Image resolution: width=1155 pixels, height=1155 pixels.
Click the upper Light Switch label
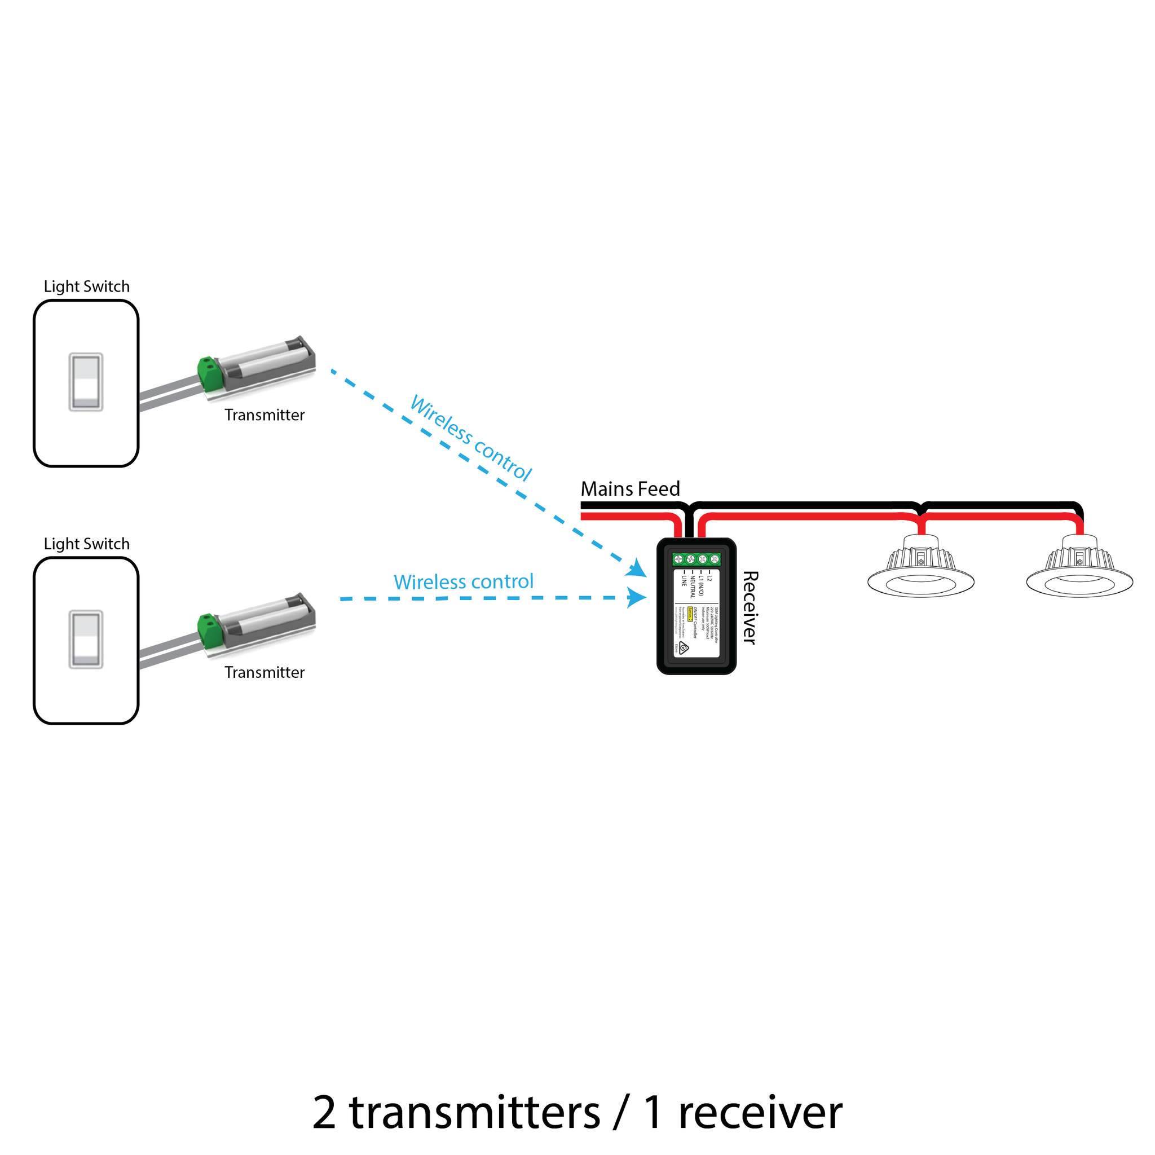coord(87,286)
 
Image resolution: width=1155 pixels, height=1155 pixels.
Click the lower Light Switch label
coord(87,544)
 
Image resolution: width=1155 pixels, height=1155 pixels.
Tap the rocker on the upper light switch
coord(86,381)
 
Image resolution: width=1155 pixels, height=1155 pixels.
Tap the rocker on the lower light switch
coord(86,639)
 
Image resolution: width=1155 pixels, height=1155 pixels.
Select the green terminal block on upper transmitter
coord(210,373)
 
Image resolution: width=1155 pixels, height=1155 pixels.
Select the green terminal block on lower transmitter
coord(210,631)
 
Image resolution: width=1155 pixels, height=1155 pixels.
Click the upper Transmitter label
coord(264,415)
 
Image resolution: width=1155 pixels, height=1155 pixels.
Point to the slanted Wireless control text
coord(470,438)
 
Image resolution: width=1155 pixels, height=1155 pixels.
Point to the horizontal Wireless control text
coord(464,581)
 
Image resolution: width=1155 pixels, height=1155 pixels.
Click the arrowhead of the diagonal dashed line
coord(637,568)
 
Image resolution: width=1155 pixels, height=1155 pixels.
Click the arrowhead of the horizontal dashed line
coord(637,597)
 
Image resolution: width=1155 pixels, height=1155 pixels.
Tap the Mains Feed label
coord(630,489)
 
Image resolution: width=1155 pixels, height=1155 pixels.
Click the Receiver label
coord(750,607)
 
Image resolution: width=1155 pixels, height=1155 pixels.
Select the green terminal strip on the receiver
coord(696,559)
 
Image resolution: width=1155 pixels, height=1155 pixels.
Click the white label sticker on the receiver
coord(696,613)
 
